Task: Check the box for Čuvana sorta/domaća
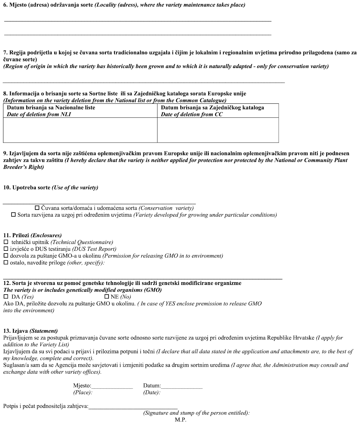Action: coord(37,208)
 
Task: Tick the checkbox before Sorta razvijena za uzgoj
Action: coord(14,215)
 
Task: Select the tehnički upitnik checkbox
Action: coord(6,242)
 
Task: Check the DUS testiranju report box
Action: coord(6,249)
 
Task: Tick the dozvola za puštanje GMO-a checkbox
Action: coord(6,256)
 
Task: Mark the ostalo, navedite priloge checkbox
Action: coord(6,263)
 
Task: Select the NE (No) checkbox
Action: coord(107,297)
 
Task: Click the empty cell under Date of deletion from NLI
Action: coord(80,130)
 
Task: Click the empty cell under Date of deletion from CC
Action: coord(218,130)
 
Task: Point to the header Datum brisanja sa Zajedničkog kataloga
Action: coord(212,108)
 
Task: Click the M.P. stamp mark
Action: coord(181,420)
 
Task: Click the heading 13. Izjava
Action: coord(30,331)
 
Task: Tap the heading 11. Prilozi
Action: coord(32,235)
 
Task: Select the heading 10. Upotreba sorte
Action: coord(51,188)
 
